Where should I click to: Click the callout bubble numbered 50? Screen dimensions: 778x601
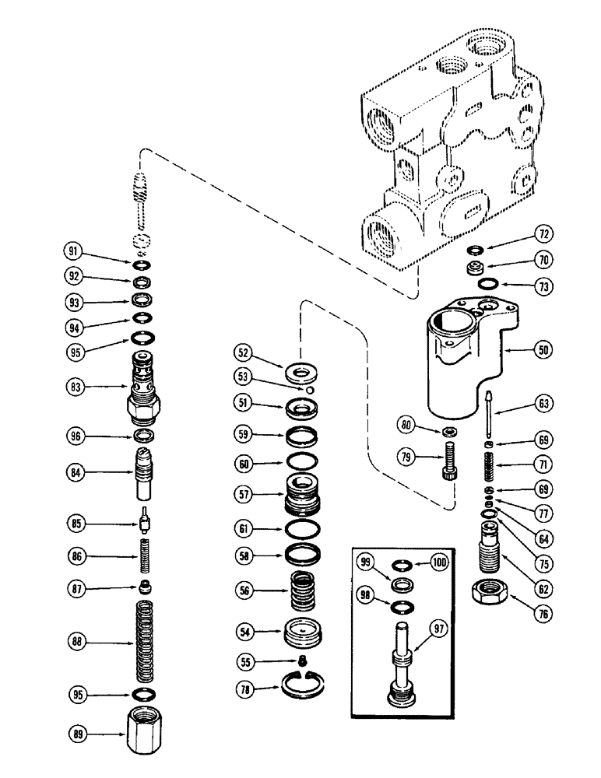(543, 350)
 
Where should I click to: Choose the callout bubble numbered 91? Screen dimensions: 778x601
(73, 251)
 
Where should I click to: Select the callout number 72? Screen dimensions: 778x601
(543, 232)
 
